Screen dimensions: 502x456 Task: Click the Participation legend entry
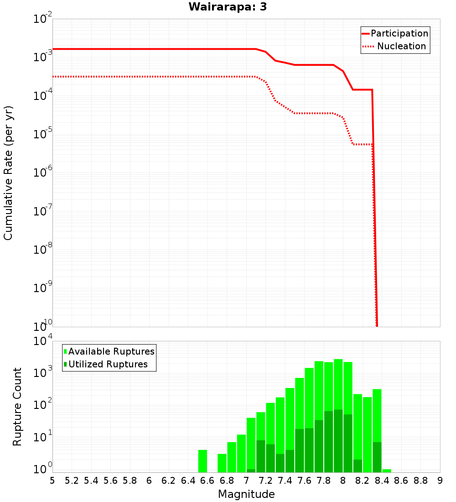(399, 33)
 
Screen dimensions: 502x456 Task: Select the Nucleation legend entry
(401, 46)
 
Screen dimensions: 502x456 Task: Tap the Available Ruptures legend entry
(111, 351)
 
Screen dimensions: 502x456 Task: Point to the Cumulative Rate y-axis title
(8, 173)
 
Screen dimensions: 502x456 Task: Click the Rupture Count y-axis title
(17, 407)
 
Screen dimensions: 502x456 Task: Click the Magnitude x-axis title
(246, 494)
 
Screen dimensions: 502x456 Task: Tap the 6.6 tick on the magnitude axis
(207, 481)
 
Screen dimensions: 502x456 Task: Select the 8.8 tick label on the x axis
(420, 481)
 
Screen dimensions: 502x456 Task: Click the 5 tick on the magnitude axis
(52, 481)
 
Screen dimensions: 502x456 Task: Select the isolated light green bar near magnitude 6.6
(202, 461)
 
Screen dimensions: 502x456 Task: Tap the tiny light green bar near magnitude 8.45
(387, 471)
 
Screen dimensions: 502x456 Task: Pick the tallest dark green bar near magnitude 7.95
(338, 441)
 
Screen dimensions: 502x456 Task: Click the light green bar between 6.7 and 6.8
(222, 463)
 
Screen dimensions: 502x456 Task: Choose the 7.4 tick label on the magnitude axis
(285, 481)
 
